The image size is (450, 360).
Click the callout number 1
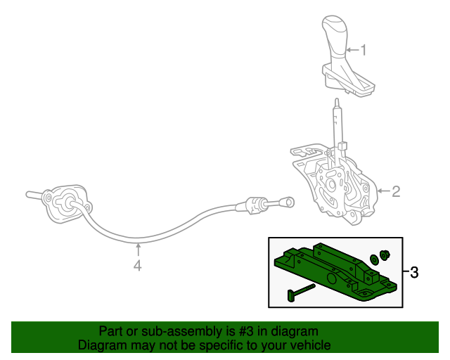(364, 49)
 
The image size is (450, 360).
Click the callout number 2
(395, 191)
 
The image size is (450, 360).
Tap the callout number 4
(138, 265)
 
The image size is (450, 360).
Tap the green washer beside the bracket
(374, 259)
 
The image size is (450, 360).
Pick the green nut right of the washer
(385, 255)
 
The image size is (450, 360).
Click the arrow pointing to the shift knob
(352, 49)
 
